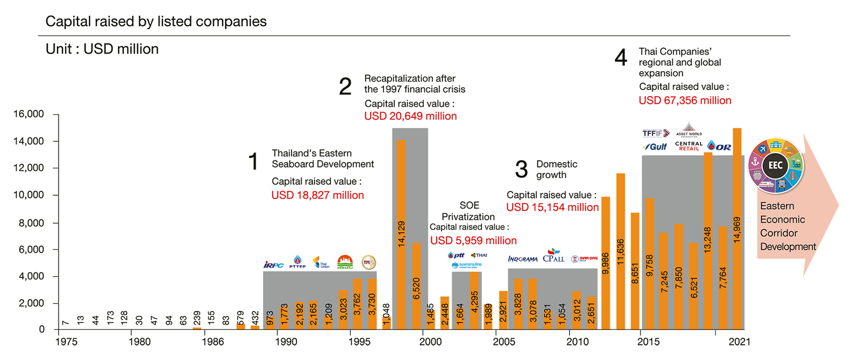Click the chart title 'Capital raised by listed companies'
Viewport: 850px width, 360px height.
point(156,22)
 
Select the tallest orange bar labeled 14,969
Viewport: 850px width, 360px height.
point(737,228)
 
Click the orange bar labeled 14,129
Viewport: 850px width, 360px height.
point(401,234)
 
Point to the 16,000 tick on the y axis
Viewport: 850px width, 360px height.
point(29,114)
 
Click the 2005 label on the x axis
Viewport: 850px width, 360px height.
point(504,341)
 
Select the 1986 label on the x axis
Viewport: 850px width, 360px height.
point(212,341)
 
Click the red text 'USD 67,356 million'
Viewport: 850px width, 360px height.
point(685,100)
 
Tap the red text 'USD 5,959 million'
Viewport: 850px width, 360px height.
point(473,241)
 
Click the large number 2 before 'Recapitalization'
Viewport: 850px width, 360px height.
point(345,86)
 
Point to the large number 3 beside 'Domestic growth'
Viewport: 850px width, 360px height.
point(521,169)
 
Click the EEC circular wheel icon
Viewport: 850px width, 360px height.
point(776,165)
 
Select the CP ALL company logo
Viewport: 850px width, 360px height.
point(554,256)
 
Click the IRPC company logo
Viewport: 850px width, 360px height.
point(274,264)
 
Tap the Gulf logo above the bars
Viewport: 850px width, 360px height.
point(655,147)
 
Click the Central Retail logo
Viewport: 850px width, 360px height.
point(688,146)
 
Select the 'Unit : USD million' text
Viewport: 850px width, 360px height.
point(102,49)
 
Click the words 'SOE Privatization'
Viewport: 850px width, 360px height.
point(469,211)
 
